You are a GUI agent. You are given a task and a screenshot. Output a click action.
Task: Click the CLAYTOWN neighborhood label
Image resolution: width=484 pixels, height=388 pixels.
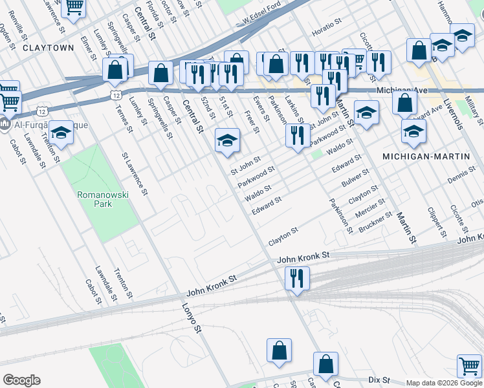(x=48, y=48)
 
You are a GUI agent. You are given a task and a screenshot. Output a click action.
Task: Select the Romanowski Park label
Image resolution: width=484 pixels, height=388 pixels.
(x=94, y=199)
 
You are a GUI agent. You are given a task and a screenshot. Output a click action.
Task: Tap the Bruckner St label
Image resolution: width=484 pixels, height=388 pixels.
(x=375, y=222)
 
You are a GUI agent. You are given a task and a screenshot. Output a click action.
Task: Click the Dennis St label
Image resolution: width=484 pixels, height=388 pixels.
(x=461, y=175)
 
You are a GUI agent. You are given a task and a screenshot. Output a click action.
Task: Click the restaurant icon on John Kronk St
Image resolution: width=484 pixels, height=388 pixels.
(x=296, y=279)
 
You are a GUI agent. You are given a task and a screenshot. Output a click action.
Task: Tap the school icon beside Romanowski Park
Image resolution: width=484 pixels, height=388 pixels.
(x=61, y=133)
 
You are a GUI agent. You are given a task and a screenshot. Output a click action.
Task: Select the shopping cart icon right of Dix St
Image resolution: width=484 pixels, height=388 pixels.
(x=468, y=365)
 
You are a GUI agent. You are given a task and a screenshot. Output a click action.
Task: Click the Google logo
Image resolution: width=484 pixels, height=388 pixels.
(x=21, y=380)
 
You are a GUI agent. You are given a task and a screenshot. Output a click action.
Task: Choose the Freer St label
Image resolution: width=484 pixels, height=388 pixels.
(x=251, y=121)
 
